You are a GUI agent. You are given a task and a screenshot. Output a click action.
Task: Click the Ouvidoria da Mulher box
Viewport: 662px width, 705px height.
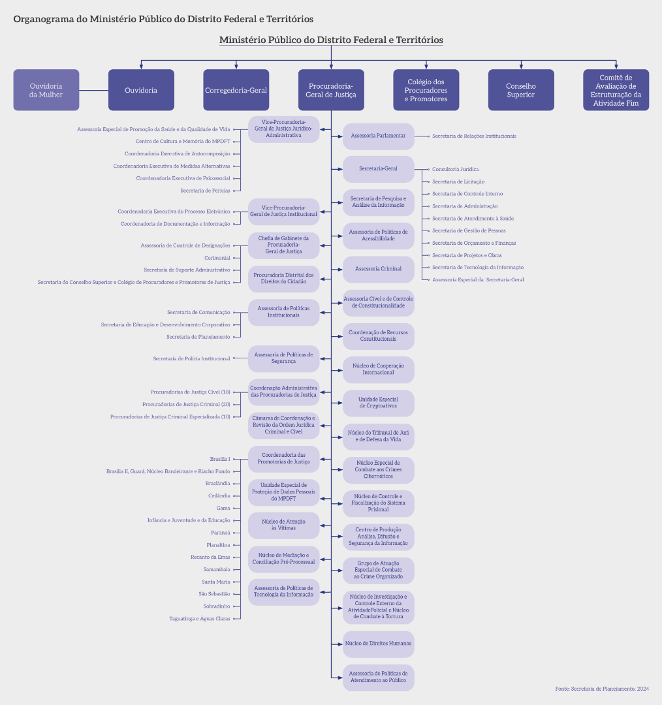(x=46, y=90)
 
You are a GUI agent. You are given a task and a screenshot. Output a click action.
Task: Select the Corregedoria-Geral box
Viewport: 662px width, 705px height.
(x=236, y=90)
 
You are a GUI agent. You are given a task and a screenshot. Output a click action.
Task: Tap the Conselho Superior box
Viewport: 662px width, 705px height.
(x=521, y=90)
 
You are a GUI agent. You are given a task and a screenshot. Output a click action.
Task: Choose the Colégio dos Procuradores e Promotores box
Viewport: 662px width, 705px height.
(x=426, y=90)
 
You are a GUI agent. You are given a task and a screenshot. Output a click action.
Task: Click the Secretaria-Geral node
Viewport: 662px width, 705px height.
(x=378, y=169)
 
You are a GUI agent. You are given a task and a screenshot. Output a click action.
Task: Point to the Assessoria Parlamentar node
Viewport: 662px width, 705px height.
(x=378, y=136)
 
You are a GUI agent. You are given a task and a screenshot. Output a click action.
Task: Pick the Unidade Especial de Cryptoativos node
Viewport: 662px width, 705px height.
(x=378, y=403)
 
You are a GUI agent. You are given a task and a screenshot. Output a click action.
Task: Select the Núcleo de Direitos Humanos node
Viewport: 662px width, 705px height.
(x=378, y=644)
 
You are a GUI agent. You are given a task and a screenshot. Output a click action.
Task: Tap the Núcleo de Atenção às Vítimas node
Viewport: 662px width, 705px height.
(x=283, y=525)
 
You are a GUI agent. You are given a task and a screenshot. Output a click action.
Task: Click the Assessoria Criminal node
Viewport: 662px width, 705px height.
(x=378, y=269)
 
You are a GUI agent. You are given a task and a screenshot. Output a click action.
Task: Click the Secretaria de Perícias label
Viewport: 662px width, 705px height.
(x=205, y=191)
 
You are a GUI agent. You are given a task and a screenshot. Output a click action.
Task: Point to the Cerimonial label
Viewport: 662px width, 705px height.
(x=217, y=258)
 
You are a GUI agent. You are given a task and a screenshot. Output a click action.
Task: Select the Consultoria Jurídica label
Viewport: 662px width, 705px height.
(x=455, y=169)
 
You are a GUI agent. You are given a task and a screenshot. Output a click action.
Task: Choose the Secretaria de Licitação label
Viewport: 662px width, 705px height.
(x=458, y=181)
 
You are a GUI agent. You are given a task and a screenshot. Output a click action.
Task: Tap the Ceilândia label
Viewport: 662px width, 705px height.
(x=219, y=496)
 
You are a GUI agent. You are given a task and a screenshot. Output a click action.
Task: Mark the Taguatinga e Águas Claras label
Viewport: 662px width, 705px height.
(x=200, y=619)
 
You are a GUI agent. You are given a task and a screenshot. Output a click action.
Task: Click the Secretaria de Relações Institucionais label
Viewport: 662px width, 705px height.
(x=474, y=136)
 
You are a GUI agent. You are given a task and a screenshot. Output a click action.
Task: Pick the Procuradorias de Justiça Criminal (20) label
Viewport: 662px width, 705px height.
(x=186, y=405)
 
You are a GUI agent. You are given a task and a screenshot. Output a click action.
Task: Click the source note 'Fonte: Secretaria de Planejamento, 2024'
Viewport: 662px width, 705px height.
(x=602, y=689)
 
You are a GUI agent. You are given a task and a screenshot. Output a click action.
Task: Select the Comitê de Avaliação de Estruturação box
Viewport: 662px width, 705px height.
(x=616, y=90)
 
